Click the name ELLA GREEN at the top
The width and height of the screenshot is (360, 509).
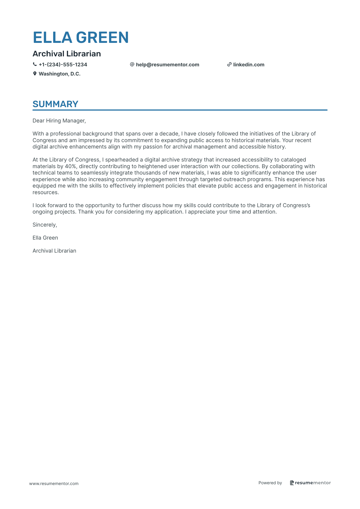click(81, 38)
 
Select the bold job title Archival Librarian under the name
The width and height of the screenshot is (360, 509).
click(67, 54)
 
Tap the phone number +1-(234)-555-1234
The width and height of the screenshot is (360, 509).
click(63, 65)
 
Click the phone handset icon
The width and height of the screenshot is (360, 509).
click(35, 65)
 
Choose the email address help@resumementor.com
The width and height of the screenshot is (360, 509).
click(167, 65)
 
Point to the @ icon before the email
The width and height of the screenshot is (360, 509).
click(132, 65)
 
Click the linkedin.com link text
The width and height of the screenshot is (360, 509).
click(249, 65)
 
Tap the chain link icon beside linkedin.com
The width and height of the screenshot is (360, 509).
click(229, 65)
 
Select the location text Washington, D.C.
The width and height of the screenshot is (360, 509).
click(59, 74)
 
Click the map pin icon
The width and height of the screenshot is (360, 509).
click(35, 74)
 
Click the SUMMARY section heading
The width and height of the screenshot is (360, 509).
click(55, 104)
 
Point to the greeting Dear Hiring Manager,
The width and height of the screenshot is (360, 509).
click(59, 121)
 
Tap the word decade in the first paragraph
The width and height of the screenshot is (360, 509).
click(168, 134)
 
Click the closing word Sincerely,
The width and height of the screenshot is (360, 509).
click(45, 225)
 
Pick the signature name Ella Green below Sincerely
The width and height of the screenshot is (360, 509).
click(45, 238)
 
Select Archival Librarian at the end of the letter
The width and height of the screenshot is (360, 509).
click(54, 251)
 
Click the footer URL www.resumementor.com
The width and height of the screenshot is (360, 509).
click(54, 483)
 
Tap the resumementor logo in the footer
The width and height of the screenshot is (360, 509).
click(310, 483)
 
